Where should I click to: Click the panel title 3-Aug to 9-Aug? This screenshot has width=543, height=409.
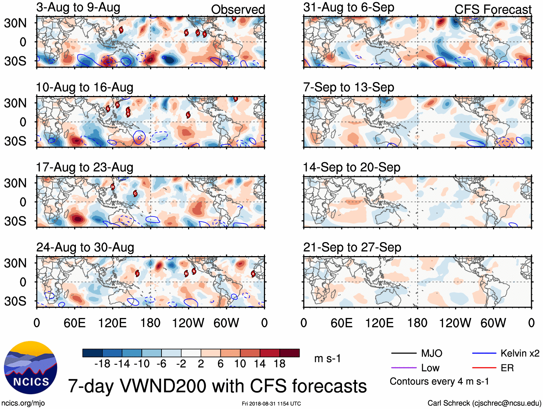[78, 8]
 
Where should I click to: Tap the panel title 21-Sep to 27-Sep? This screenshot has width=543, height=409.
[352, 247]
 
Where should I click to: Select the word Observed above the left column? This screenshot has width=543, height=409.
[238, 9]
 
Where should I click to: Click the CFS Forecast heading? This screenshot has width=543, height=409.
[493, 9]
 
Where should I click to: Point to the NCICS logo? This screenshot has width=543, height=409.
[31, 367]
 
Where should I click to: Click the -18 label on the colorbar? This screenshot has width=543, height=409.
[102, 364]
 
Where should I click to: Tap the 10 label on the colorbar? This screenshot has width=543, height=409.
[240, 364]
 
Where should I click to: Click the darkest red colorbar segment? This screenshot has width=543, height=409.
[289, 353]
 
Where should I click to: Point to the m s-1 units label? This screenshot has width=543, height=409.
[327, 359]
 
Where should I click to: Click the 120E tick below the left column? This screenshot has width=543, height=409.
[113, 323]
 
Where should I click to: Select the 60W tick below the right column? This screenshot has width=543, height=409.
[493, 323]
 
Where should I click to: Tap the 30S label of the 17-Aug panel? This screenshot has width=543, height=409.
[15, 221]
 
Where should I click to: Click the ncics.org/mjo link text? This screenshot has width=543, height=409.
[23, 403]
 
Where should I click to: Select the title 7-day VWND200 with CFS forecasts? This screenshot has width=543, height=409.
[217, 386]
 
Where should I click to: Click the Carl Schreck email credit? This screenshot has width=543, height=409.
[484, 403]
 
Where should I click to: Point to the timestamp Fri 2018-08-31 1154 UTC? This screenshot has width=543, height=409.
[271, 404]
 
